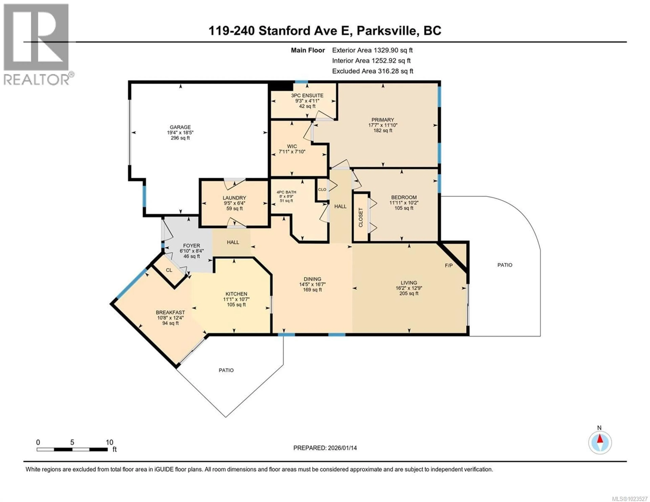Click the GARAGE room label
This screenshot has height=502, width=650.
(180, 127)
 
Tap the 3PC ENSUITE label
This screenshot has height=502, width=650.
(307, 96)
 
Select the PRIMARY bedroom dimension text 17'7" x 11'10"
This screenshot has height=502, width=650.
(383, 125)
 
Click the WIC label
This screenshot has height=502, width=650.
(292, 146)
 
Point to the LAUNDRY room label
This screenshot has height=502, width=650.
(234, 198)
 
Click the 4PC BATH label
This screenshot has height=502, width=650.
(286, 192)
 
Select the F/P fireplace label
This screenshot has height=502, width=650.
(449, 265)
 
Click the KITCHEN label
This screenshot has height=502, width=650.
(236, 294)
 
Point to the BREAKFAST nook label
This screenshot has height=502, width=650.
(170, 313)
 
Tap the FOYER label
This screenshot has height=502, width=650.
(191, 246)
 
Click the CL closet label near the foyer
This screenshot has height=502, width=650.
(169, 270)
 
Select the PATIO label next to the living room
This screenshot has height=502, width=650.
(505, 265)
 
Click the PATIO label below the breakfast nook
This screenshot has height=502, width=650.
(226, 370)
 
